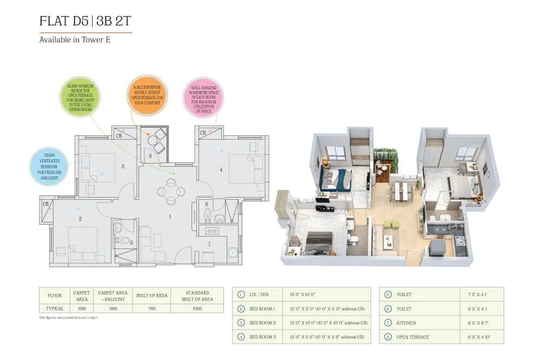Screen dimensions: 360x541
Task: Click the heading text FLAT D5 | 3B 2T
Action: pos(85,21)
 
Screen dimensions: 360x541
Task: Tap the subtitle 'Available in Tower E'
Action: pos(75,40)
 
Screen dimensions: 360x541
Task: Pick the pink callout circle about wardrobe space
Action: pos(200,97)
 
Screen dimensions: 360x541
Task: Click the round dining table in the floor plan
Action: pos(171,192)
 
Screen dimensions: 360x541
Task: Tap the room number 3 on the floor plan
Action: pos(123,166)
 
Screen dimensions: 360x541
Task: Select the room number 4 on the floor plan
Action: pos(221,169)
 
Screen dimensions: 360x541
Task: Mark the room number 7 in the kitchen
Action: pos(209,244)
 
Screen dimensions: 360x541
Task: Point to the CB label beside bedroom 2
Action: pos(46,204)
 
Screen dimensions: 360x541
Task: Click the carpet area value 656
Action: pos(81,308)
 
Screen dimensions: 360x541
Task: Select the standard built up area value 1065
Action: pos(197,308)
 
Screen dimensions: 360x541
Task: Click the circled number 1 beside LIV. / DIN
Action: pos(241,294)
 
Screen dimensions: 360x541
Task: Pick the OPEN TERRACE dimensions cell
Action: pos(478,337)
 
